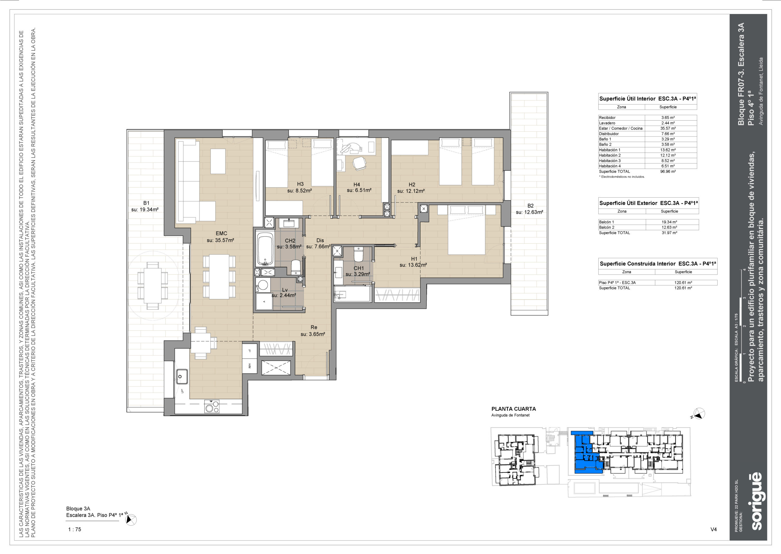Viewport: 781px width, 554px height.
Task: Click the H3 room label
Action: tap(300, 184)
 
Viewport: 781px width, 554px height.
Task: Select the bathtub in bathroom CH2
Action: tap(265, 249)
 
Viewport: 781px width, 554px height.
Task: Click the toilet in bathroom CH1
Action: tap(359, 255)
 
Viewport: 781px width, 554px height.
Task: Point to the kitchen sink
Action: tap(182, 377)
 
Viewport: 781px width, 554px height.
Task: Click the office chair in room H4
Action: tap(359, 163)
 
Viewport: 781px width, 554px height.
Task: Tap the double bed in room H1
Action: tap(466, 230)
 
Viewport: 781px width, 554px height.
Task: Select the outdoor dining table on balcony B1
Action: tap(153, 286)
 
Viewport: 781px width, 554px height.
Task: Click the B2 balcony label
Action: tap(531, 206)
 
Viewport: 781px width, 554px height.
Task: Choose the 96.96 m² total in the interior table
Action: tap(668, 172)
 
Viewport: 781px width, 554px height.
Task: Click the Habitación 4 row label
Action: tap(610, 166)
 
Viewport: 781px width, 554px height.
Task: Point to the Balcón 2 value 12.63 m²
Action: tap(669, 228)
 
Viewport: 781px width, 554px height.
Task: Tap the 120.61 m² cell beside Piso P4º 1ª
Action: tap(683, 282)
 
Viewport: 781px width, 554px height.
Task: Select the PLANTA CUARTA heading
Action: tap(513, 409)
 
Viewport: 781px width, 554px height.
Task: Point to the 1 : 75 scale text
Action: tap(75, 530)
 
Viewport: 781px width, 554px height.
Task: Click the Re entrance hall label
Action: tap(314, 327)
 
